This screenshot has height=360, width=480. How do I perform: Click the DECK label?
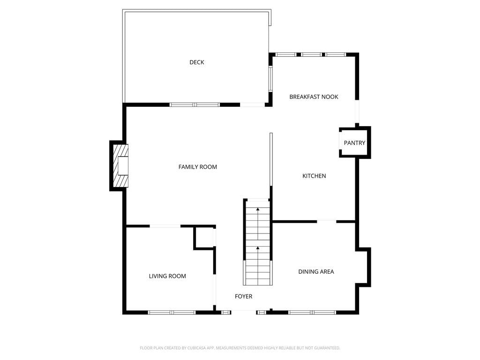pos(196,62)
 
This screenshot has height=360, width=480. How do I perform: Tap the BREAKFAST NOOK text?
pos(314,97)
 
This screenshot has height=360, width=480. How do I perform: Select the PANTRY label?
pos(354,143)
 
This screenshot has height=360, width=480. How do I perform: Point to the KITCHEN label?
pos(314,176)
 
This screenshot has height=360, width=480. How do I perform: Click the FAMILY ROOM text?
pos(198,167)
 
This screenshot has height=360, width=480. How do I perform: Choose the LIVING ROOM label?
pos(167,276)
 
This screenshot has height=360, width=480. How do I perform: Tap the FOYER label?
pos(244,296)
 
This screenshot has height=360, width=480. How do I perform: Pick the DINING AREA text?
pos(316,271)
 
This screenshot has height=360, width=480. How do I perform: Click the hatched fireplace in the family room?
pos(121,165)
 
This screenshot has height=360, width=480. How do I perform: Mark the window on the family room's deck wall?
pos(195,105)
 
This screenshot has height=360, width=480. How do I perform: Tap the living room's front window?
pos(172,313)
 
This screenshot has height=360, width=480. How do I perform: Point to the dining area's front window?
pos(312,313)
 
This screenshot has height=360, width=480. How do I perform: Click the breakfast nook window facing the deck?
pos(270,79)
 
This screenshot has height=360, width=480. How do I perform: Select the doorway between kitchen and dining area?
pos(327,221)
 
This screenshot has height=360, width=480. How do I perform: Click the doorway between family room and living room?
pos(165,226)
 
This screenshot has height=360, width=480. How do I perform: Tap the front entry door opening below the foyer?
pos(244,312)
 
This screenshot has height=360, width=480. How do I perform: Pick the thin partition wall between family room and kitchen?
pos(271,159)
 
